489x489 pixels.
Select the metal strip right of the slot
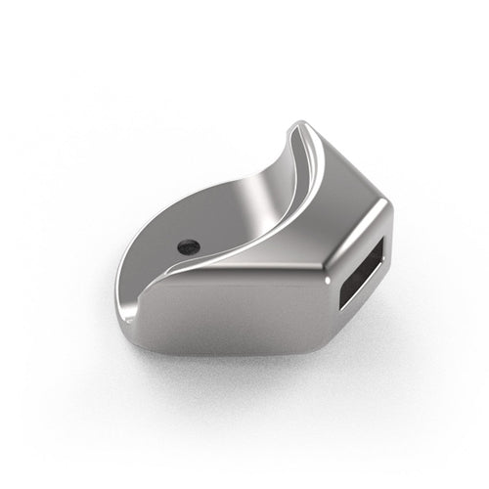(x=382, y=264)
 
